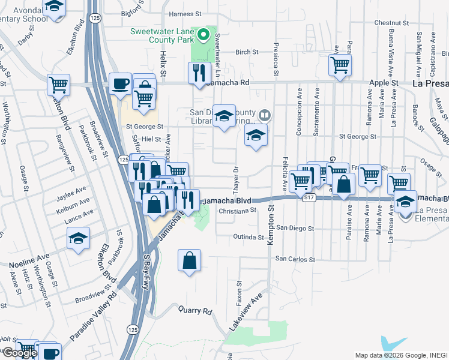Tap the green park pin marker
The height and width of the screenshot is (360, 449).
[x=203, y=35]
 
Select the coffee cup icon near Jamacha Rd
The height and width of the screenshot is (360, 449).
[x=121, y=84]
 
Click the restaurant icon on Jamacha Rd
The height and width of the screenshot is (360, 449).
[x=199, y=73]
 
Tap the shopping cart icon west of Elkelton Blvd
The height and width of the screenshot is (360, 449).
[x=59, y=85]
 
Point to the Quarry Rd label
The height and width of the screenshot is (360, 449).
[x=195, y=311]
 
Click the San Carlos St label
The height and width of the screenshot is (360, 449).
[x=295, y=260]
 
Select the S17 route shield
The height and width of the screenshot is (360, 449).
[x=309, y=197]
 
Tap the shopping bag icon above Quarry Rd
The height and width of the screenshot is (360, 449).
[x=189, y=260]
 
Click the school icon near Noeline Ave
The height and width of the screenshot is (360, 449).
[x=79, y=239]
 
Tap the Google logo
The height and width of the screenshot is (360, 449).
[x=20, y=353]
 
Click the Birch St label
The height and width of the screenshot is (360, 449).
[x=247, y=52]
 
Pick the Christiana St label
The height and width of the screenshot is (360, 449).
[x=237, y=211]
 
